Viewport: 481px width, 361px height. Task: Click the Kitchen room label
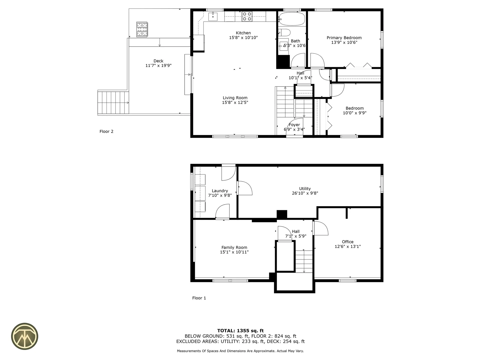(x=243, y=33)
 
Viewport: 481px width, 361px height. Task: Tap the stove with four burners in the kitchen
(x=247, y=17)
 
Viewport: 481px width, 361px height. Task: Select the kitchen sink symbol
(x=213, y=17)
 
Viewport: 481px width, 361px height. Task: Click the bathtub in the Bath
(x=292, y=19)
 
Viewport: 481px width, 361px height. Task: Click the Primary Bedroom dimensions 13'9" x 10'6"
(x=344, y=42)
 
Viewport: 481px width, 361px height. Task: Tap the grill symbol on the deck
(x=142, y=29)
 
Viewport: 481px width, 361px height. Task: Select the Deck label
(x=158, y=61)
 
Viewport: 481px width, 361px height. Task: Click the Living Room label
(x=235, y=98)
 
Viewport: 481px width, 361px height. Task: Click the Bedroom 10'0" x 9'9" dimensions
(x=354, y=113)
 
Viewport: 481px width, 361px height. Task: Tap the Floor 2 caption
(x=106, y=131)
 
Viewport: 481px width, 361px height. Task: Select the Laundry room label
(x=220, y=191)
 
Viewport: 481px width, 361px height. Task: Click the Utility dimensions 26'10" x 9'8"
(x=305, y=193)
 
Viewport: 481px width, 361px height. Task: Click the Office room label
(x=347, y=242)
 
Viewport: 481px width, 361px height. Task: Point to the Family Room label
(x=234, y=247)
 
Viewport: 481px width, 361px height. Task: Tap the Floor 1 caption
(x=199, y=298)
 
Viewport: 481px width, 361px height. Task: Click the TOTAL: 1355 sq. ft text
(x=240, y=331)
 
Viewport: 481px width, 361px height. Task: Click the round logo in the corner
(x=25, y=336)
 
